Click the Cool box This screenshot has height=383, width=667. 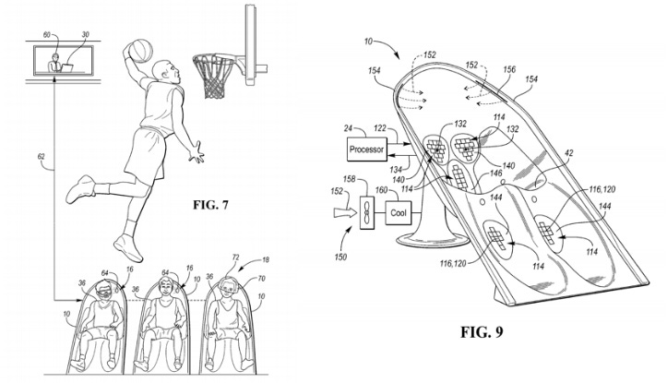[399, 211]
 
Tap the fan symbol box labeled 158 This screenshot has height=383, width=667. [368, 211]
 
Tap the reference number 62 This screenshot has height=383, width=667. [42, 157]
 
